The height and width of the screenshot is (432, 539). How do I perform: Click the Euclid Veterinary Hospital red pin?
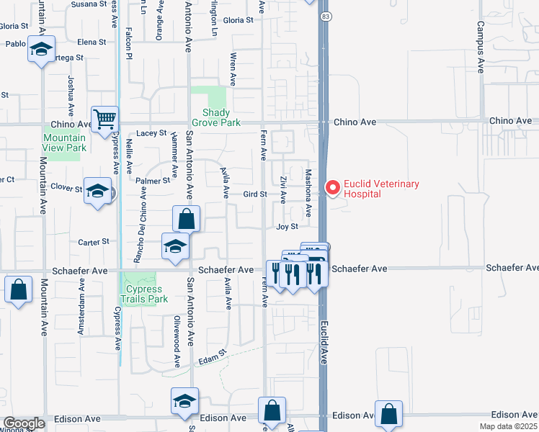coord(332,187)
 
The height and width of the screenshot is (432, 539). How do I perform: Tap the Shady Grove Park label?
coord(216,117)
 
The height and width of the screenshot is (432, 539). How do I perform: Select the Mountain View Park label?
coord(64,143)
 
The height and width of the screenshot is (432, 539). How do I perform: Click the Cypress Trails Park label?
coord(143,294)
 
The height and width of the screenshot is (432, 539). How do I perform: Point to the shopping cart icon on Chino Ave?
coord(104,119)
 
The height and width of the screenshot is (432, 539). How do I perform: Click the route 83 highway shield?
coord(326,15)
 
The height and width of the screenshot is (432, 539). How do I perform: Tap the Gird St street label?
coord(255,194)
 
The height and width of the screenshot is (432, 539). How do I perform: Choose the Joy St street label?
coord(287,227)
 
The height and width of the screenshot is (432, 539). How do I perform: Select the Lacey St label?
coord(151,133)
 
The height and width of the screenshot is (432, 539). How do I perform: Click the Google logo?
coord(23,423)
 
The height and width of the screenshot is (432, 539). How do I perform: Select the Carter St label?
coord(93,242)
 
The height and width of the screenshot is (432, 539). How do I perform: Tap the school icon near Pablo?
coord(42,50)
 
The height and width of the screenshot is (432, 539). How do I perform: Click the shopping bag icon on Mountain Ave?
coord(18,289)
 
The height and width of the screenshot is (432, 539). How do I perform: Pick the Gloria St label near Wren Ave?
coord(238,20)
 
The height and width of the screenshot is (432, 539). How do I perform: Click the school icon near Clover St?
coord(97,191)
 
